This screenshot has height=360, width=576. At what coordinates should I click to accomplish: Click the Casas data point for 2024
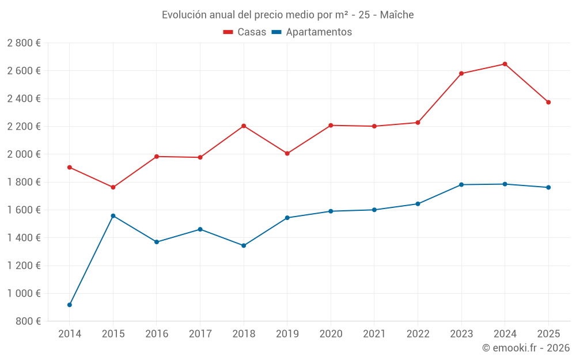(x=505, y=64)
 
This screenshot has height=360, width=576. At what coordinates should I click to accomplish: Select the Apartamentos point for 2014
(x=70, y=305)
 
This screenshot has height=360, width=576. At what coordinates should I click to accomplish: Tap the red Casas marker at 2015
(x=113, y=187)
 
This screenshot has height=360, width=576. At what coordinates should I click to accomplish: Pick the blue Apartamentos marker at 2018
(x=244, y=245)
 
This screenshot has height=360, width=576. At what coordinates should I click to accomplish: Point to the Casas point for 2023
(x=461, y=73)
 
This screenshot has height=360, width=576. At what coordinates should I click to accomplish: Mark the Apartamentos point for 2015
(x=113, y=216)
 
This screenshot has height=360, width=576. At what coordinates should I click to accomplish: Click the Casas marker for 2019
(x=287, y=153)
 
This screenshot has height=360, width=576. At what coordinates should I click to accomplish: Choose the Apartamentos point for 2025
(x=548, y=187)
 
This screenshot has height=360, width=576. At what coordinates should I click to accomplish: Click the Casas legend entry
(x=245, y=32)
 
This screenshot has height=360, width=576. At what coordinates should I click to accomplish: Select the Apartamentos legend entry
(x=312, y=32)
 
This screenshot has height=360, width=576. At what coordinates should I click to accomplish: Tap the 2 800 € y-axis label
(x=24, y=43)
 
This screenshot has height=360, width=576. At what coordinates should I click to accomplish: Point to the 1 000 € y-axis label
(x=24, y=293)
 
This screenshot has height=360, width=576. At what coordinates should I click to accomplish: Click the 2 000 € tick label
(x=24, y=154)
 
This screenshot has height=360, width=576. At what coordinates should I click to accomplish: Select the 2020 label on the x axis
(x=331, y=334)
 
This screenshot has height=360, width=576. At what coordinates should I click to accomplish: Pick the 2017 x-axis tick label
(x=200, y=334)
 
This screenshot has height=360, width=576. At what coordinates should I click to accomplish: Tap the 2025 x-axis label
(x=548, y=334)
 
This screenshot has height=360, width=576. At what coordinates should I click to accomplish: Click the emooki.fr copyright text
(x=526, y=348)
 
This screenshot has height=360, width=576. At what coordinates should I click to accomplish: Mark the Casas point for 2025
(x=548, y=102)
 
